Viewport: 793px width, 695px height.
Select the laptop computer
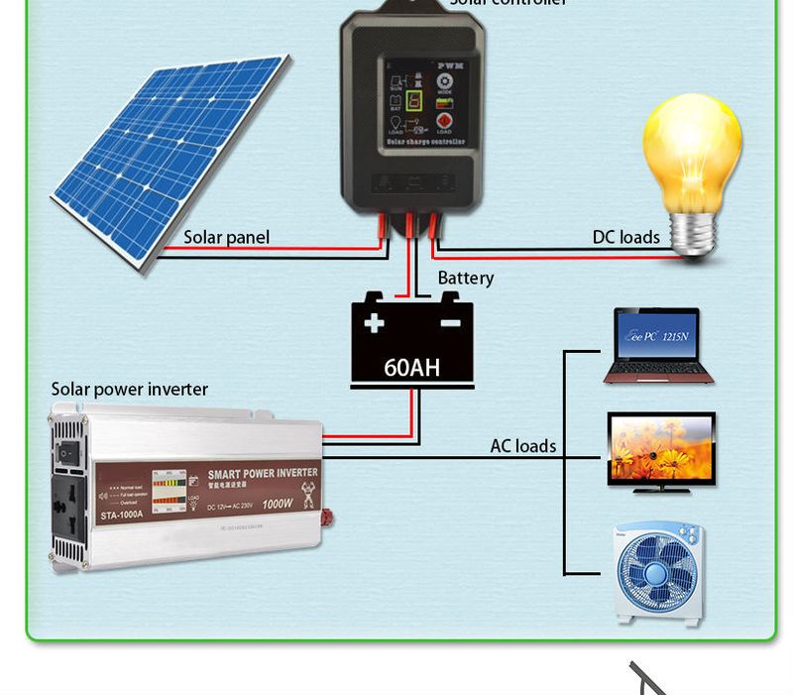pyautogui.click(x=652, y=346)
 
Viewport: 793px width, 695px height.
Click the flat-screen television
pyautogui.click(x=661, y=452)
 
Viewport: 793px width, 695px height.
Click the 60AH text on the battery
pyautogui.click(x=411, y=368)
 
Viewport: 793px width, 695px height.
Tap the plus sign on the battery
pyautogui.click(x=374, y=323)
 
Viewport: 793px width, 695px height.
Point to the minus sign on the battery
pyautogui.click(x=450, y=323)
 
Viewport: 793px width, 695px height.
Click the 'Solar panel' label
pyautogui.click(x=226, y=238)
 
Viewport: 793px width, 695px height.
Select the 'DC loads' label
pyautogui.click(x=625, y=237)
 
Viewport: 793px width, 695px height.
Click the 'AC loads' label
pyautogui.click(x=522, y=446)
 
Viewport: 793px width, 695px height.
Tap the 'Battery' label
pyautogui.click(x=465, y=279)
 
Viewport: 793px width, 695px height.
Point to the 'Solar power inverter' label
pyautogui.click(x=130, y=390)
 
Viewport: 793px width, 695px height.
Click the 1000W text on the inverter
pyautogui.click(x=277, y=504)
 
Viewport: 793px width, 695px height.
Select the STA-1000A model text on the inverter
pyautogui.click(x=122, y=514)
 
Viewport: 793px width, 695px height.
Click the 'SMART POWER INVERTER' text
pyautogui.click(x=263, y=473)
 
